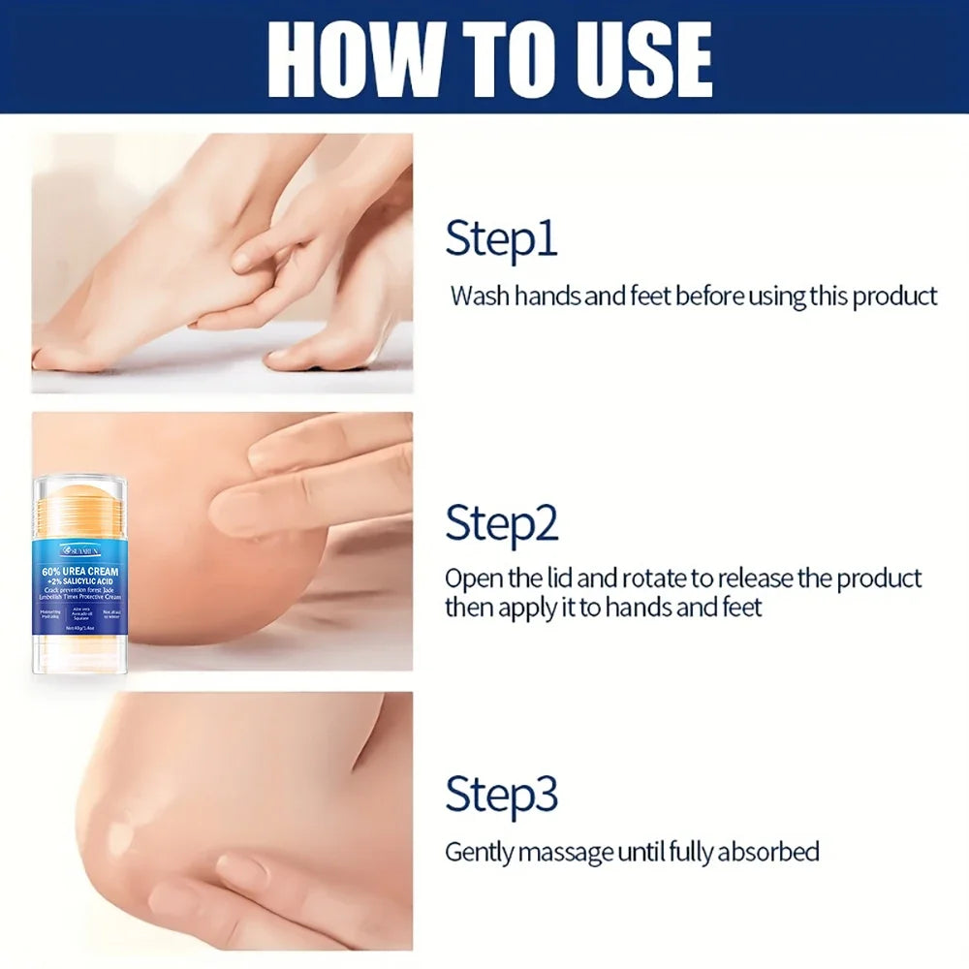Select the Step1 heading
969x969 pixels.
click(x=501, y=239)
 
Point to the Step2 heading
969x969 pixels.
click(x=502, y=523)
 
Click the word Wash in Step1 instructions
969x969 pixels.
click(x=480, y=297)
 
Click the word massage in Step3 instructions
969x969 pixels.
click(x=566, y=853)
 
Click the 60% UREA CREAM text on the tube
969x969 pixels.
click(x=80, y=571)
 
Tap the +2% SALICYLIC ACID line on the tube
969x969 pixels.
click(x=80, y=583)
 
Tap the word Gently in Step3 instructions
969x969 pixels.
click(x=480, y=853)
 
